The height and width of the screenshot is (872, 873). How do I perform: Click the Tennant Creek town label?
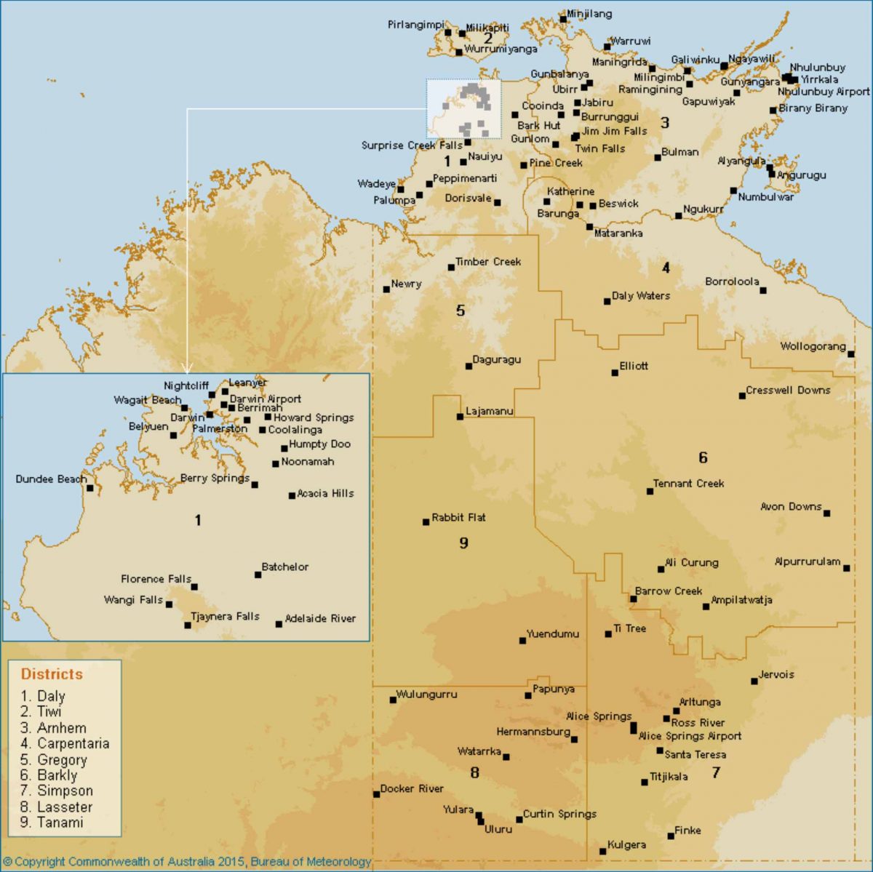688,483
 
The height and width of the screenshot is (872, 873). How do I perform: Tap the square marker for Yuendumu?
522,640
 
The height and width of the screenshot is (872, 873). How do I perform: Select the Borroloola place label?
732,281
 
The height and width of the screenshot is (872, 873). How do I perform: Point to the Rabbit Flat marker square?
426,521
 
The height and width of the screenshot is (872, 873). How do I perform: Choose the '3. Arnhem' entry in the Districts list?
53,728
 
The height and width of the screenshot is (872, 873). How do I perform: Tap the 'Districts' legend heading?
52,673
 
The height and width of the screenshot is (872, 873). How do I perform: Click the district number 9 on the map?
463,543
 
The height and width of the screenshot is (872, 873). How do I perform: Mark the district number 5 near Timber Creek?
460,311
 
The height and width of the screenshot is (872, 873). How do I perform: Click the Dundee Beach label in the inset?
50,479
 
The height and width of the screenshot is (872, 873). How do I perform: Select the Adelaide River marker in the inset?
279,624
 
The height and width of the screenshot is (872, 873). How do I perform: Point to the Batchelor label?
285,567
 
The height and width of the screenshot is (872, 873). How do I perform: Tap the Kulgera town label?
626,844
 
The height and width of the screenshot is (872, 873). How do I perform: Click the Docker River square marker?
377,793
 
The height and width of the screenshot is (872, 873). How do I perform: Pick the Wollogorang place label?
813,346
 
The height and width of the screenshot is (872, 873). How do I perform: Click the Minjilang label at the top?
589,14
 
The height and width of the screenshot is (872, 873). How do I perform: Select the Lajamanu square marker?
460,417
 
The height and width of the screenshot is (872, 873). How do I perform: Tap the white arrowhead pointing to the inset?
187,369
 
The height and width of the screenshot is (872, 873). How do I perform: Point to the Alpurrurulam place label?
807,561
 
